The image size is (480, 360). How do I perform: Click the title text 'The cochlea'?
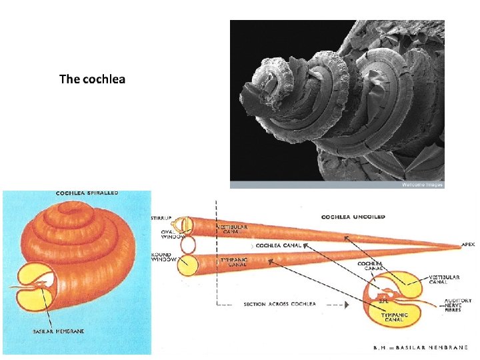[x=92, y=79]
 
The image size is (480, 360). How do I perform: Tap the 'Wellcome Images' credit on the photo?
[x=422, y=185]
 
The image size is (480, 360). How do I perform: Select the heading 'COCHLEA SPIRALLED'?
[x=87, y=193]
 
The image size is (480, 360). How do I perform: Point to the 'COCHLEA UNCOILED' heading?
[x=353, y=217]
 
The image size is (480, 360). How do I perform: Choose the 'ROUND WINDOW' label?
[x=162, y=257]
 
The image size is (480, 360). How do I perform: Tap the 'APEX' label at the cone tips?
[x=469, y=245]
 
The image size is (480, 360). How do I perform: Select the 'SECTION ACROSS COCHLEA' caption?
[x=280, y=304]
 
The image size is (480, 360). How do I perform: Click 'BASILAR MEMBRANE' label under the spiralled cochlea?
[x=59, y=331]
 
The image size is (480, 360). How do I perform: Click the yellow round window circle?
[x=187, y=265]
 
